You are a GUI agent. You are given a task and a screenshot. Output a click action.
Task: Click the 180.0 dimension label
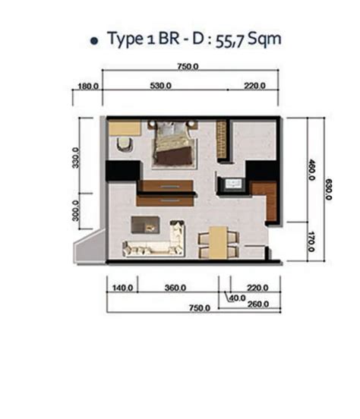click(88, 87)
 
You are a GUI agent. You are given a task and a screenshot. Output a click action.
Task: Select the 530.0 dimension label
click(161, 86)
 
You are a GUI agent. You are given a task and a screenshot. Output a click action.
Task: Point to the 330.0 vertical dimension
click(76, 158)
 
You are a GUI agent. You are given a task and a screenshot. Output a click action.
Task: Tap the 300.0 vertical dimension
click(76, 211)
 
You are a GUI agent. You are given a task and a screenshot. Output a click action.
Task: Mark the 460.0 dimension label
click(311, 170)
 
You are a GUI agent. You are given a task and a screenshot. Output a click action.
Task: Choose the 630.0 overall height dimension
click(328, 189)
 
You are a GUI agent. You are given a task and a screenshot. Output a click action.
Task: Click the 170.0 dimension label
click(311, 242)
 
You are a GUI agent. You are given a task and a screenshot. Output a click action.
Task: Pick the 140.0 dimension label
click(122, 288)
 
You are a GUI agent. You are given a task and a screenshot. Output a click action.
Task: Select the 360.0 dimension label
click(175, 288)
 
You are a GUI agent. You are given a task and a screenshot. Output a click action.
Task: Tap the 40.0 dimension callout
click(238, 298)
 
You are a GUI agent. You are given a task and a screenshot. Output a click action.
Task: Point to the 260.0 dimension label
click(258, 304)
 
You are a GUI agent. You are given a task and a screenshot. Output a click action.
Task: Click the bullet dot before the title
click(94, 41)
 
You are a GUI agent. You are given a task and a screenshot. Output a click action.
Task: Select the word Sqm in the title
click(264, 39)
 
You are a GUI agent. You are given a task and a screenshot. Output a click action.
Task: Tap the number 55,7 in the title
click(230, 41)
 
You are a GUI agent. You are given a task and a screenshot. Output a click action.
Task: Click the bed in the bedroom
click(174, 144)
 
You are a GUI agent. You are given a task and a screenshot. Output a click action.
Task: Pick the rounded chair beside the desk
click(125, 144)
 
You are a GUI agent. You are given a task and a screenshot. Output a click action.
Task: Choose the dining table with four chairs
click(218, 243)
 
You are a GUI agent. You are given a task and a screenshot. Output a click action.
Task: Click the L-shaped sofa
click(154, 239)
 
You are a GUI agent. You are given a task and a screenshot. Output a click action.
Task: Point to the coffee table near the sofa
click(146, 225)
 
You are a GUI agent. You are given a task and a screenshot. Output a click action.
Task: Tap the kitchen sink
click(234, 184)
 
